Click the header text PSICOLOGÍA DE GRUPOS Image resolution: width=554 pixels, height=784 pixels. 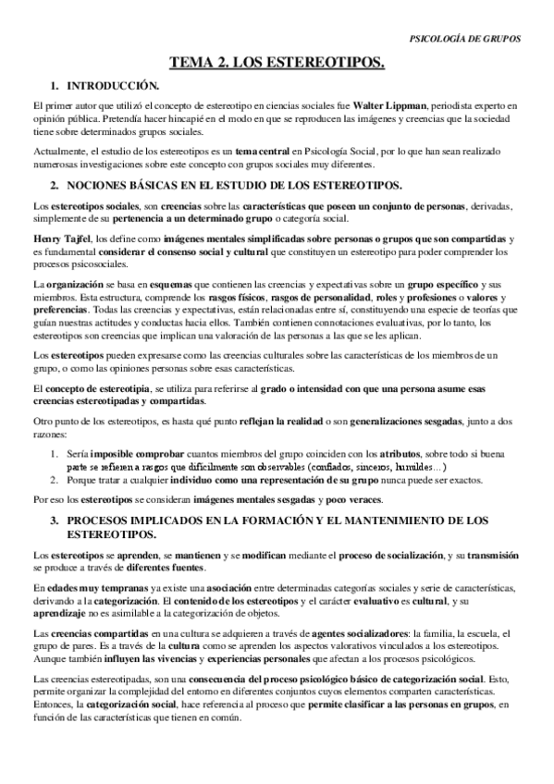464,39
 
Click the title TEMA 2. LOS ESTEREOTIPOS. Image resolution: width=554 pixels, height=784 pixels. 277,63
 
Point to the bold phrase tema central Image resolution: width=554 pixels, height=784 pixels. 262,152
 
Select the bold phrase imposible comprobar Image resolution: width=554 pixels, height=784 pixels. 122,455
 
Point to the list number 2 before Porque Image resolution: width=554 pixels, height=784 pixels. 55,480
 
